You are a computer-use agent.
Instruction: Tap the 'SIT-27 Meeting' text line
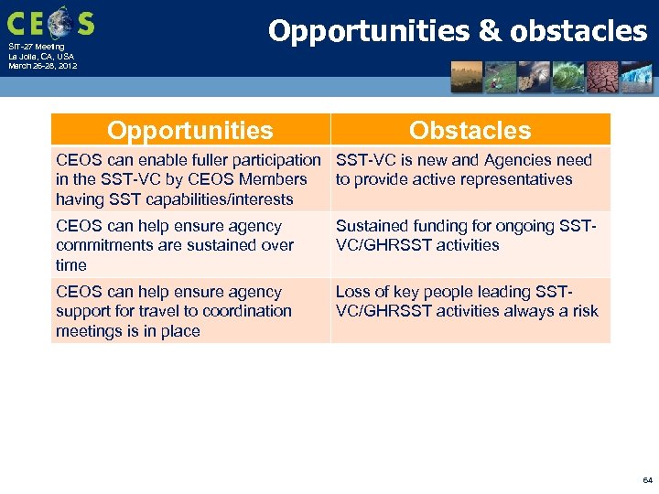coord(37,47)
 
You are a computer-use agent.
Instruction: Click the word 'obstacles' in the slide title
coord(578,31)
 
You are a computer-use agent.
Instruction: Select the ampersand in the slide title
coord(490,31)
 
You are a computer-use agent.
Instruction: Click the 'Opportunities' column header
coord(189,130)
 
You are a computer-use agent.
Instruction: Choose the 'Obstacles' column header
coord(470,130)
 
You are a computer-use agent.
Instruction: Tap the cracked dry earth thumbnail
coord(602,77)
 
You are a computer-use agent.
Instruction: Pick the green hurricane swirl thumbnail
coord(568,77)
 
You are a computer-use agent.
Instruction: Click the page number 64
coord(647,479)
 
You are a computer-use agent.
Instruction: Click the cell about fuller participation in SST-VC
coord(189,179)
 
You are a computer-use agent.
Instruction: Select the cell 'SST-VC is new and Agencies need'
coord(470,169)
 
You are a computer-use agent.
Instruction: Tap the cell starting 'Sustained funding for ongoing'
coord(470,235)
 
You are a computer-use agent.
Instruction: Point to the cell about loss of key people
coord(470,301)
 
